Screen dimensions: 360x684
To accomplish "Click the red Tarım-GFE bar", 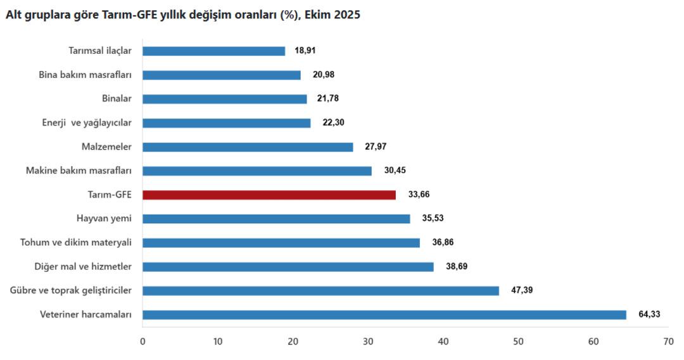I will click(x=269, y=195).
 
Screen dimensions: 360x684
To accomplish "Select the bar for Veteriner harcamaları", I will click(x=384, y=314).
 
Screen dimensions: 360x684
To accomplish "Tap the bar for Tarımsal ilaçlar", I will click(x=213, y=51).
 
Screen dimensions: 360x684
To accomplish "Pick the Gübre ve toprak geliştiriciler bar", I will click(x=320, y=290).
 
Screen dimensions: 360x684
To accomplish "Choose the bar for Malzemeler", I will click(x=248, y=147).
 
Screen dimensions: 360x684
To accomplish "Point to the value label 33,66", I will click(x=419, y=195).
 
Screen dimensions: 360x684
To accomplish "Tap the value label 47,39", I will click(x=522, y=290).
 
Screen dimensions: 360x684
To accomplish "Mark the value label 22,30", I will click(x=333, y=123).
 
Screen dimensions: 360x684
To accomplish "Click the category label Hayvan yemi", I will click(x=103, y=219).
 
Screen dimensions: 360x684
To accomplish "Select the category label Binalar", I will click(x=117, y=99).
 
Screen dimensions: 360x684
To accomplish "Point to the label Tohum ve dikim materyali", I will click(x=76, y=243).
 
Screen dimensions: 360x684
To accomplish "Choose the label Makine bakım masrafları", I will click(x=79, y=170).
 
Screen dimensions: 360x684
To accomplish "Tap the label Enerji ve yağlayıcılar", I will click(x=82, y=123).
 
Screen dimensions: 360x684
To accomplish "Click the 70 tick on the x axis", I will click(x=668, y=342).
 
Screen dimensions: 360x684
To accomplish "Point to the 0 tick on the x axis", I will click(x=142, y=342).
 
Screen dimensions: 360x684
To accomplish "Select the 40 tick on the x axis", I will click(x=443, y=342).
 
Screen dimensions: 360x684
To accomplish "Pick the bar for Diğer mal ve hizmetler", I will click(x=288, y=266).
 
